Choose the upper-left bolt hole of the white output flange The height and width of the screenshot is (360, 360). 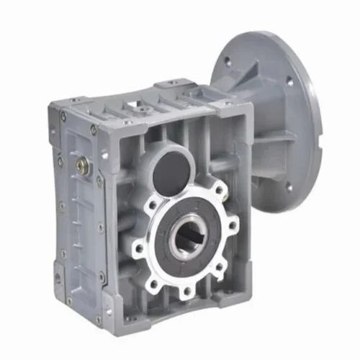point(152,203)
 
